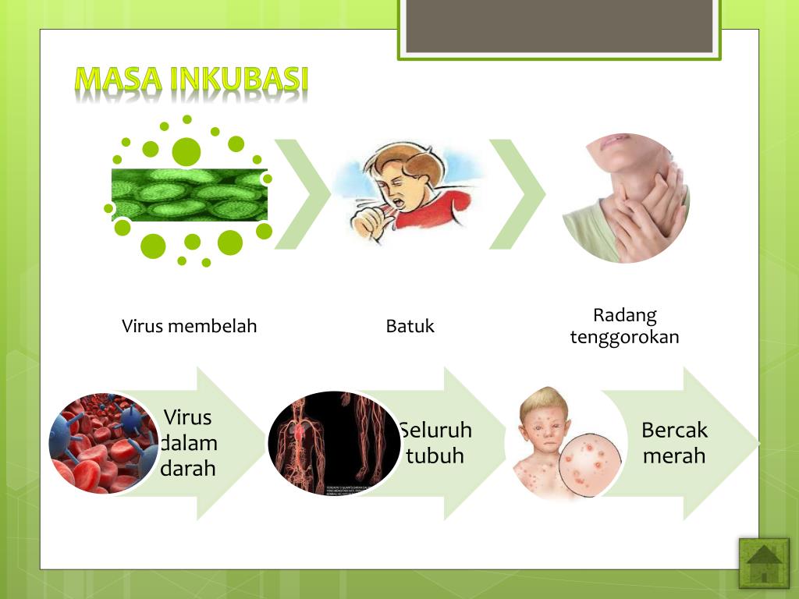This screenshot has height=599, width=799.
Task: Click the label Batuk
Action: pyautogui.click(x=410, y=326)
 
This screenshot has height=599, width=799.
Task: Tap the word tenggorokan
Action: pyautogui.click(x=624, y=337)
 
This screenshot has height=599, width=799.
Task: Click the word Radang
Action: pyautogui.click(x=624, y=315)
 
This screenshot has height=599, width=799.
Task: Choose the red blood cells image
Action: pyautogui.click(x=103, y=443)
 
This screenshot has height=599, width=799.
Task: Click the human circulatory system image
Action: pyautogui.click(x=334, y=443)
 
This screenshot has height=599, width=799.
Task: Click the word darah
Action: pyautogui.click(x=188, y=469)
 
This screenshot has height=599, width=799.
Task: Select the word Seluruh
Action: pyautogui.click(x=435, y=431)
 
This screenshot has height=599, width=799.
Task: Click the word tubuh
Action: pyautogui.click(x=435, y=455)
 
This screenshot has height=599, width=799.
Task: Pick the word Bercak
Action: pyautogui.click(x=674, y=430)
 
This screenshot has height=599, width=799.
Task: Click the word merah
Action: pyautogui.click(x=674, y=455)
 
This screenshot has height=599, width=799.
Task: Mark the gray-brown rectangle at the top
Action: pyautogui.click(x=559, y=27)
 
